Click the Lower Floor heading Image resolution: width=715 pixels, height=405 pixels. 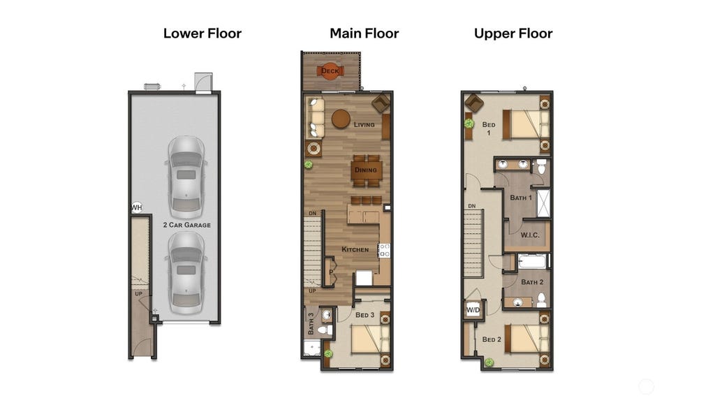(x=202, y=34)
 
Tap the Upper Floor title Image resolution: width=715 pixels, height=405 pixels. (x=513, y=34)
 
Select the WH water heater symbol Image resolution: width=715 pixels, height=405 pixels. (x=137, y=207)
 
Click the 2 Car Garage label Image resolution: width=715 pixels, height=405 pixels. (x=187, y=225)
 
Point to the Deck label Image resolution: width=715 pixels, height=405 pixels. (x=330, y=71)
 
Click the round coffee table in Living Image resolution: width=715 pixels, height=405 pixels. (x=341, y=119)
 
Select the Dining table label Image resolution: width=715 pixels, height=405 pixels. (x=366, y=170)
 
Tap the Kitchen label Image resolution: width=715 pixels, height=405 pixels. (x=355, y=249)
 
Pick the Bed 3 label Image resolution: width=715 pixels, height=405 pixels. (x=364, y=315)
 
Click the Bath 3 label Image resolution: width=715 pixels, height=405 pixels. (x=311, y=323)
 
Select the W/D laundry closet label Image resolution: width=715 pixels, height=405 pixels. (x=473, y=310)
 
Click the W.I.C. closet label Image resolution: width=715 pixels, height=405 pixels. (x=530, y=235)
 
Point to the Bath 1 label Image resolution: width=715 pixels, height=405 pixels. (x=521, y=198)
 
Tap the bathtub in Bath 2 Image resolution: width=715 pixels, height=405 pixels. (x=531, y=262)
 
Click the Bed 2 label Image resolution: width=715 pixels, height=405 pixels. (x=492, y=339)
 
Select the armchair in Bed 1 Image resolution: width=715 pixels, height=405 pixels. (x=474, y=103)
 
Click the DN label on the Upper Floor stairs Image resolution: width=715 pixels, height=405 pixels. (x=472, y=206)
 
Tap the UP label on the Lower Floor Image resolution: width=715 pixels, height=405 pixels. (x=139, y=294)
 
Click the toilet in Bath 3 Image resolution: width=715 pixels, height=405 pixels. (x=325, y=330)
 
